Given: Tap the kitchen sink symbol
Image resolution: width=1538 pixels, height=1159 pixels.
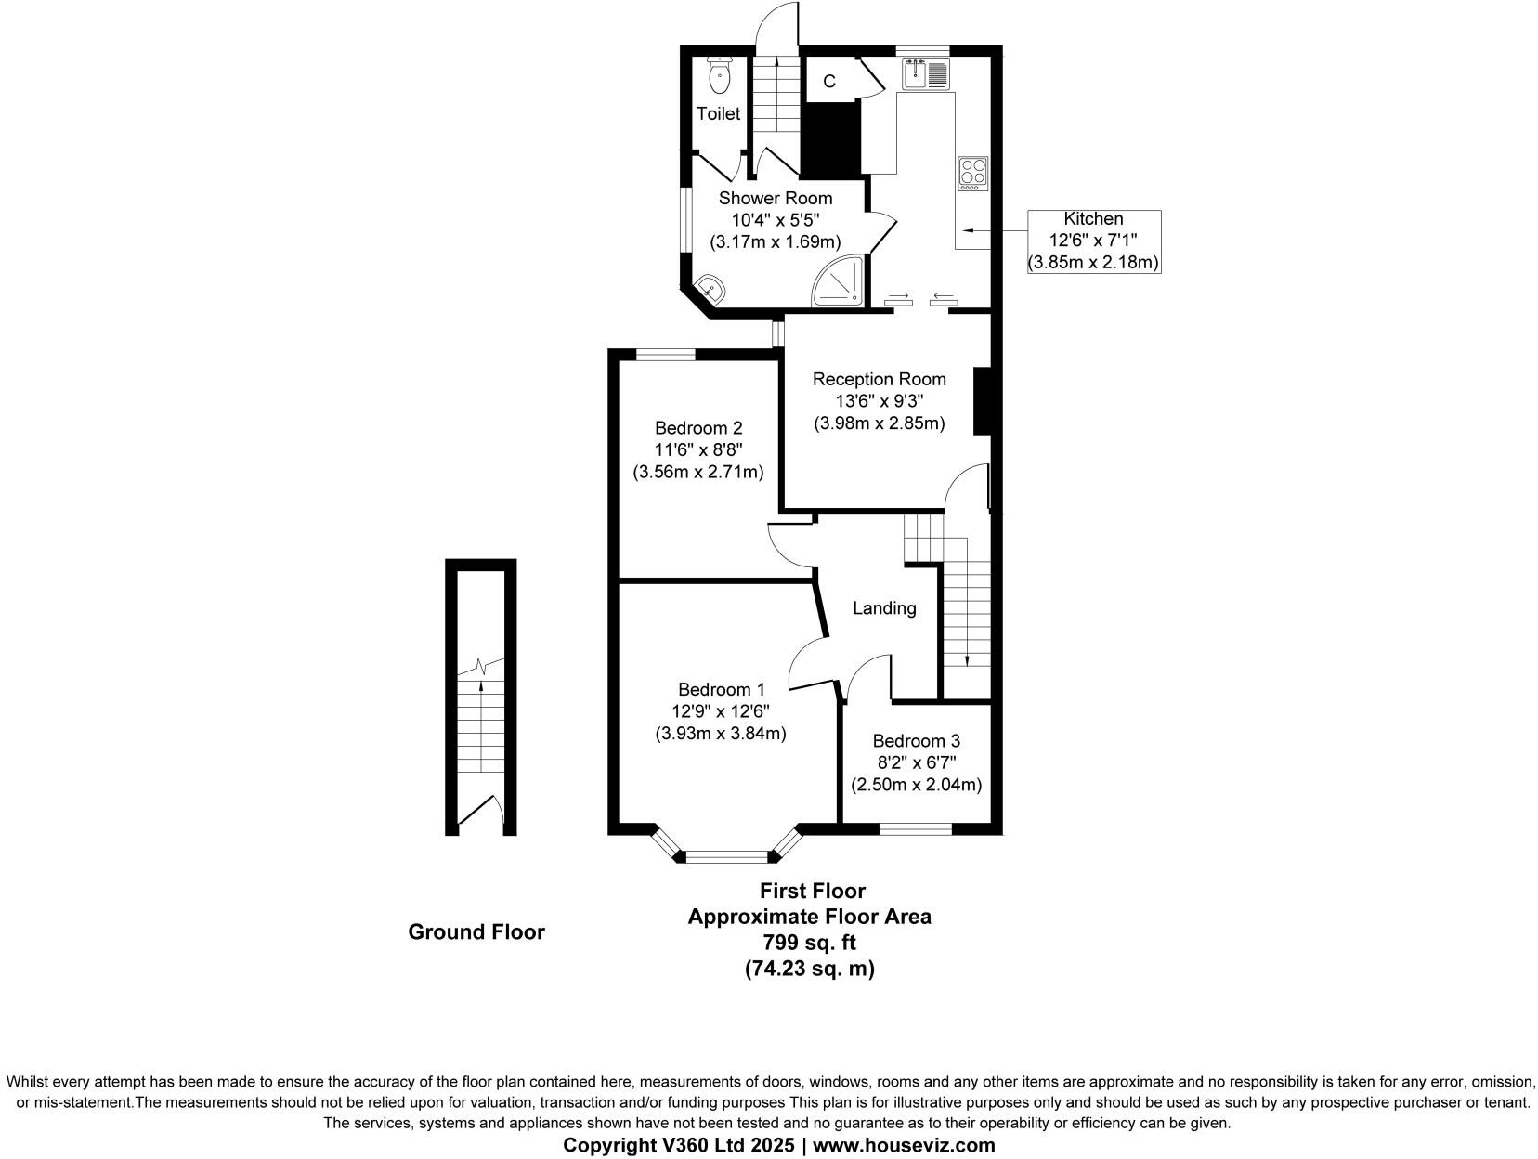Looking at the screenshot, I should click(925, 73).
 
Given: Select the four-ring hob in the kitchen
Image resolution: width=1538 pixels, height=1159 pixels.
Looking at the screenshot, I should click(973, 173).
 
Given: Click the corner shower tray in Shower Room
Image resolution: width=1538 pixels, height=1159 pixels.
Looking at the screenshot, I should click(840, 281).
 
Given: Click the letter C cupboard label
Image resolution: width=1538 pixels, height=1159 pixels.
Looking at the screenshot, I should click(829, 82).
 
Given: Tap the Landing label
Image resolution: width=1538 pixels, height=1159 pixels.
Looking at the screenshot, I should click(884, 608).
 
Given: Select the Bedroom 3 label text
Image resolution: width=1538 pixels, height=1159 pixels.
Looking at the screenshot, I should click(916, 741).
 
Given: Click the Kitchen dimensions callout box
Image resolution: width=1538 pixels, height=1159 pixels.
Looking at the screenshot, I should click(1093, 241).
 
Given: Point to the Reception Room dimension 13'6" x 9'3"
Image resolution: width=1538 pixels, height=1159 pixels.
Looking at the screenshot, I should click(879, 401).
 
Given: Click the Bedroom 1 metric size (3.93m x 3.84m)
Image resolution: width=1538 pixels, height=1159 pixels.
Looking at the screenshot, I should click(721, 734).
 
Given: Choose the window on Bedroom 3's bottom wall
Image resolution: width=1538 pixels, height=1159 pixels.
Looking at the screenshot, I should click(915, 828).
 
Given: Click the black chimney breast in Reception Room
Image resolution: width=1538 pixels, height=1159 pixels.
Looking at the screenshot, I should click(982, 401).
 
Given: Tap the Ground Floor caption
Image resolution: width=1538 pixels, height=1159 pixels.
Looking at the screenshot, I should click(476, 931).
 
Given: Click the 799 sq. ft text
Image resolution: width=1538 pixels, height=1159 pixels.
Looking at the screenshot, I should click(808, 943).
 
